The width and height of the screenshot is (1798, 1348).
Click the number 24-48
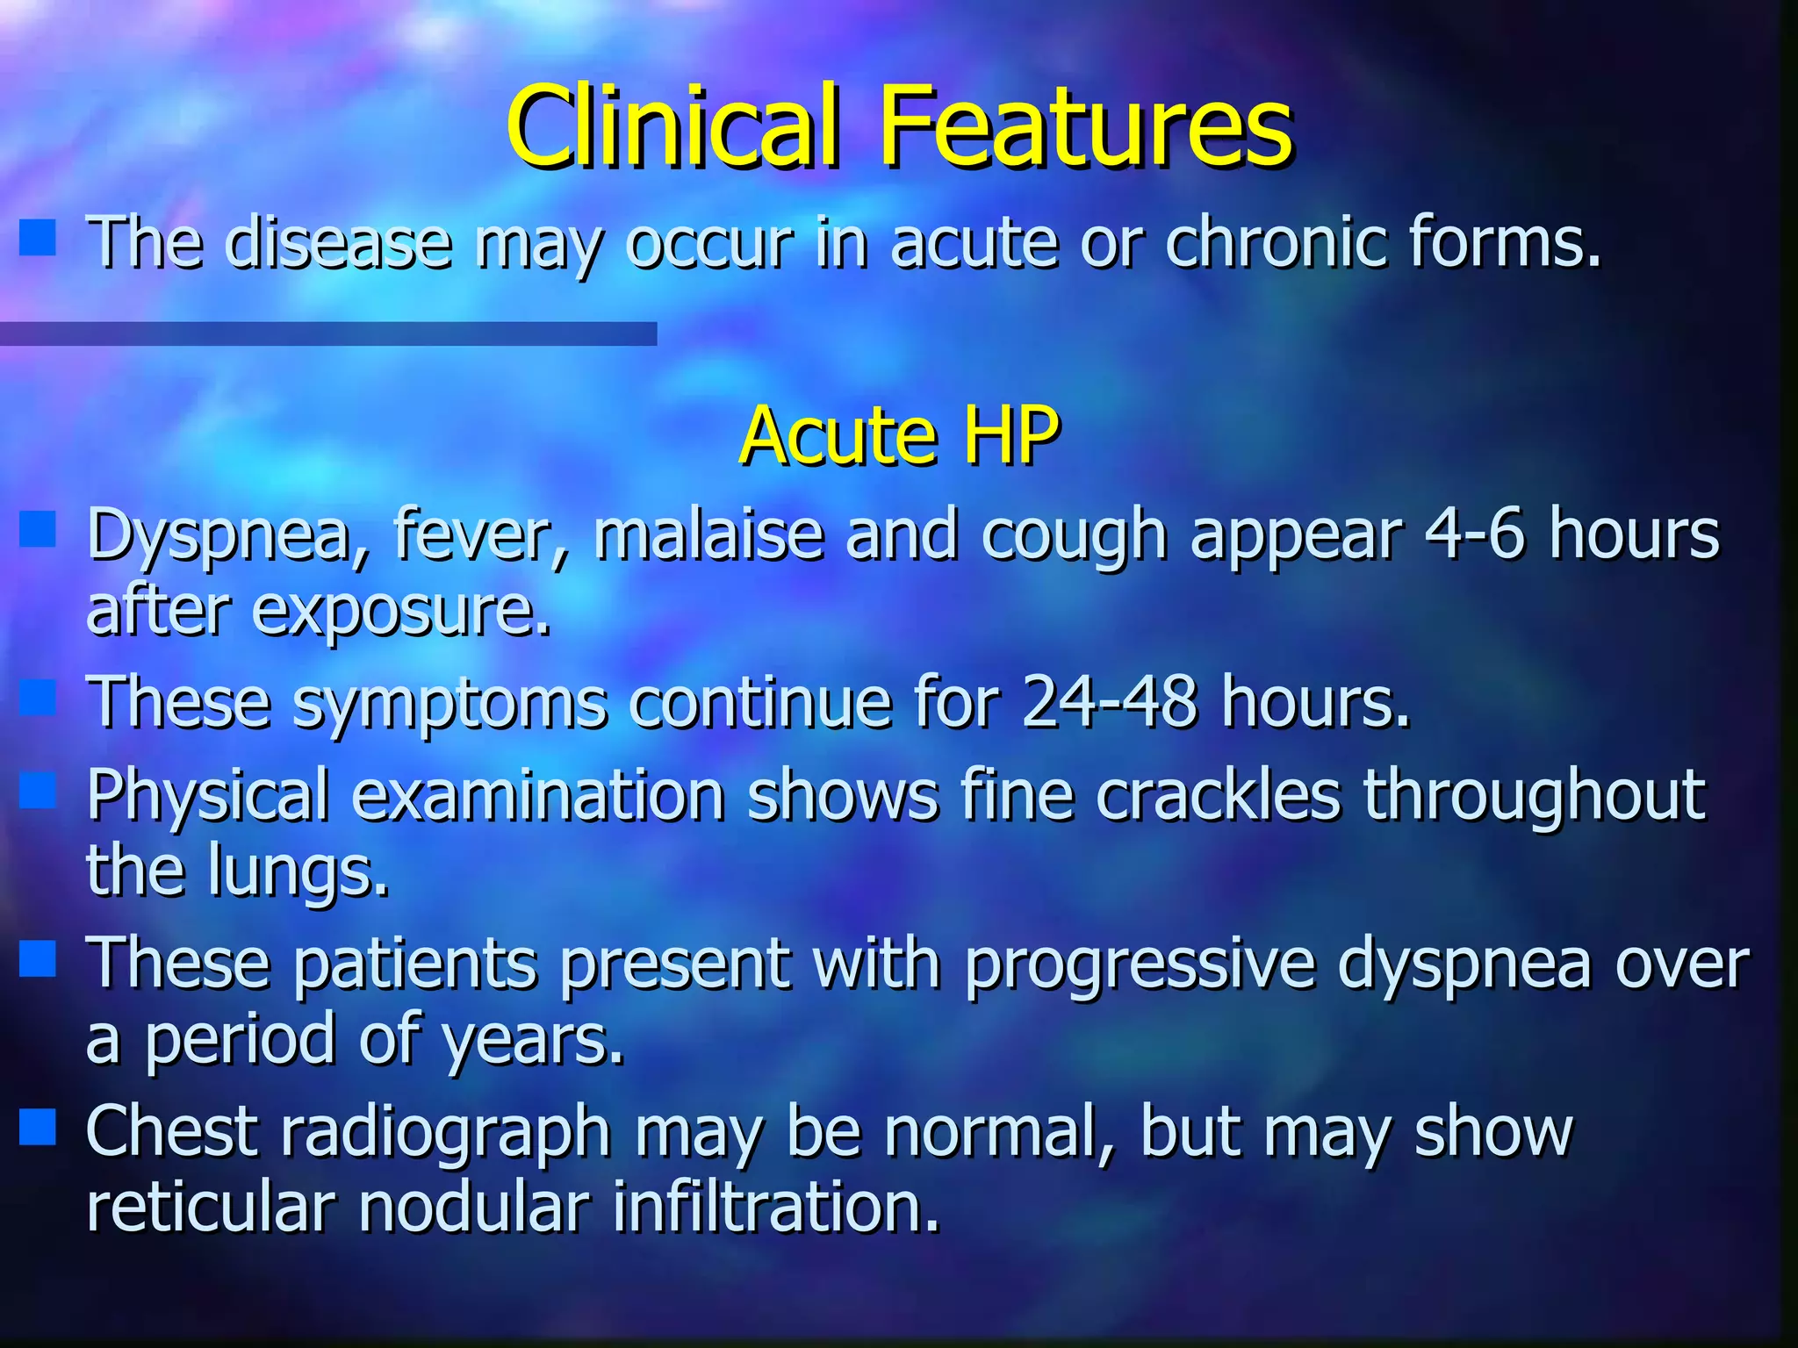pos(1109,702)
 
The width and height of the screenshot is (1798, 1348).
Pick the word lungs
pos(298,873)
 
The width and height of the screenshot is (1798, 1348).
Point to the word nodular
pos(474,1207)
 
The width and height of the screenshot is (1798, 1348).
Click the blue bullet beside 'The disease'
pos(37,238)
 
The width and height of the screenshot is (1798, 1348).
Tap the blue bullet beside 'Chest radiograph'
pos(37,1128)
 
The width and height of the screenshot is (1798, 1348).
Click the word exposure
pos(401,612)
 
